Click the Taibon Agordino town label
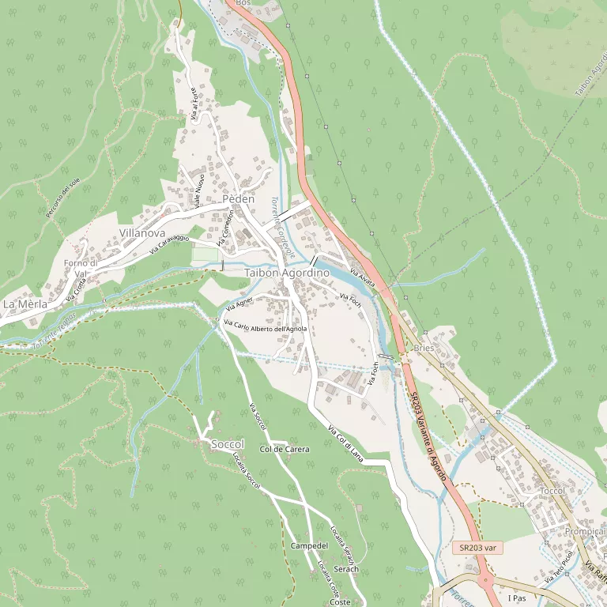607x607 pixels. point(287,273)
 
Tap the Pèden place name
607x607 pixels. point(239,199)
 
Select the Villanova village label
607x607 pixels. point(142,233)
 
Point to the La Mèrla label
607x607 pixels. point(25,303)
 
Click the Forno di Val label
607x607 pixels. point(81,269)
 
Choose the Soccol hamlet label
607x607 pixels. point(228,445)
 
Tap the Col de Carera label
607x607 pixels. point(285,449)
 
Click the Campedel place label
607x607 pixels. point(309,546)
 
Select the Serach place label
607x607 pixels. point(346,569)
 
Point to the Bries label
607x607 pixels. point(424,348)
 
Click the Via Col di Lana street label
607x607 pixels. point(345,443)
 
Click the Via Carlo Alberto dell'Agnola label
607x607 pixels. point(266,327)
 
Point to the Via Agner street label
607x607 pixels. point(239,302)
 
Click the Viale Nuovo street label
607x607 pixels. point(200,190)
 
